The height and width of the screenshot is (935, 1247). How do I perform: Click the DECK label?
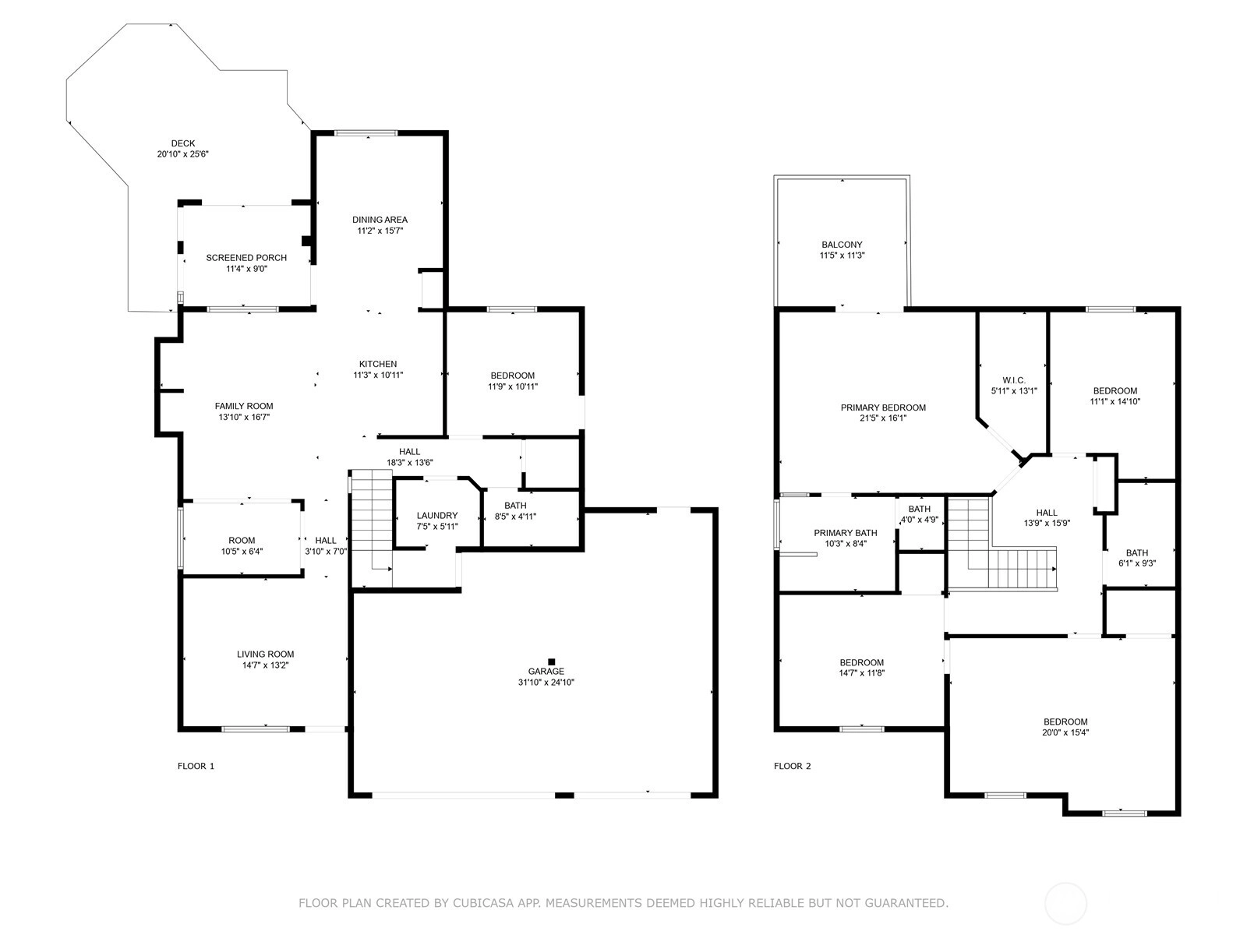click(x=183, y=143)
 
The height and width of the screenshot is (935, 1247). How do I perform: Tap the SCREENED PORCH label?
click(x=246, y=258)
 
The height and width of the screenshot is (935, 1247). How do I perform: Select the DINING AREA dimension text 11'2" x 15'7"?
click(x=380, y=231)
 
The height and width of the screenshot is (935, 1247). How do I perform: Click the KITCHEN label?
click(x=378, y=364)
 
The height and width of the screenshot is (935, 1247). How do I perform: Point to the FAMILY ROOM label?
click(x=244, y=406)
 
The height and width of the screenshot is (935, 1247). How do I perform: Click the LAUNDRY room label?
click(x=437, y=516)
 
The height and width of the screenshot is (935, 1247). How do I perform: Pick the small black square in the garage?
click(x=551, y=662)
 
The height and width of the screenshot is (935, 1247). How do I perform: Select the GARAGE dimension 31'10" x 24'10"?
click(x=546, y=683)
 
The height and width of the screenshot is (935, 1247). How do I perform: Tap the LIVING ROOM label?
click(x=266, y=654)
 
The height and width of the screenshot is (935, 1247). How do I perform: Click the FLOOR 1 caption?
click(x=196, y=766)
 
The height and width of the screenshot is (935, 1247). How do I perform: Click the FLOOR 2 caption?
click(x=792, y=766)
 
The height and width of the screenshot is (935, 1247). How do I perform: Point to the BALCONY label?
click(x=842, y=245)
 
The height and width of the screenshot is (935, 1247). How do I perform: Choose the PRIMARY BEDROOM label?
click(x=883, y=408)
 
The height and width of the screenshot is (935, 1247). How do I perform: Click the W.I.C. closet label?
click(x=1013, y=380)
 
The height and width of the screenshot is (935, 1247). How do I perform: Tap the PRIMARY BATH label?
click(x=846, y=533)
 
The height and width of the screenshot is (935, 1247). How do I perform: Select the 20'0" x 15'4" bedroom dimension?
click(x=1065, y=732)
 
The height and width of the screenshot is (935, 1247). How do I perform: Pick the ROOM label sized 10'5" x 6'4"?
click(x=242, y=541)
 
